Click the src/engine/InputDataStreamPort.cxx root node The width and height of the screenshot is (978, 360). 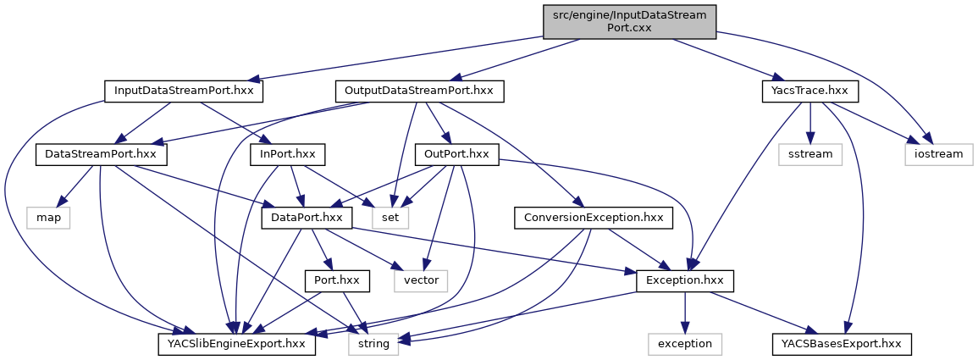(x=630, y=19)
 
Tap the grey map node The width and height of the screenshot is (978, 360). (x=47, y=217)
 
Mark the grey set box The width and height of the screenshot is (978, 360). (x=395, y=217)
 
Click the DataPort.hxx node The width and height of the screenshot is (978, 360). (x=307, y=217)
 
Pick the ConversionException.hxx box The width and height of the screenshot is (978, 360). (x=593, y=217)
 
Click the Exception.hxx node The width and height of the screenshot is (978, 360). (x=685, y=280)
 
